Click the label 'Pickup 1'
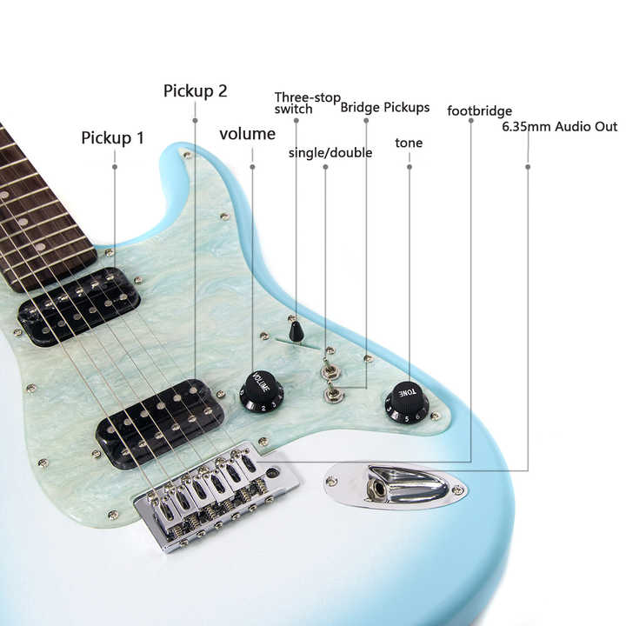point(113,137)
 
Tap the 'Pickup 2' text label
point(196,90)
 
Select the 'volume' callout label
point(247,134)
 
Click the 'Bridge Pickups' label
point(384,108)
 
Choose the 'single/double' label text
point(330,153)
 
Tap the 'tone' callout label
point(409,143)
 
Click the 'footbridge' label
point(479,111)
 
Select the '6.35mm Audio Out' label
point(560,127)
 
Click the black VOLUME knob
point(262,391)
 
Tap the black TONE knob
point(407,402)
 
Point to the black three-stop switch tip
point(296,331)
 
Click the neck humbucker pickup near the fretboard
point(78,306)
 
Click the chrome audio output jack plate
point(396,485)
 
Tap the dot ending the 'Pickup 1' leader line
point(114,165)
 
